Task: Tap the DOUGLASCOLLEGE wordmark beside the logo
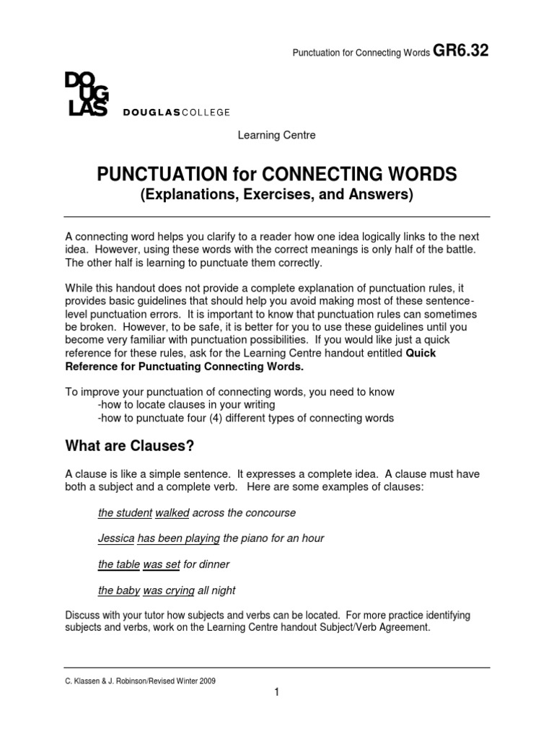pyautogui.click(x=177, y=112)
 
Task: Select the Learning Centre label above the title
pyautogui.click(x=277, y=135)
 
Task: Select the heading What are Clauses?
pyautogui.click(x=130, y=446)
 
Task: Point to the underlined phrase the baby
pyautogui.click(x=119, y=590)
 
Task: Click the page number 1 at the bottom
pyautogui.click(x=276, y=693)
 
